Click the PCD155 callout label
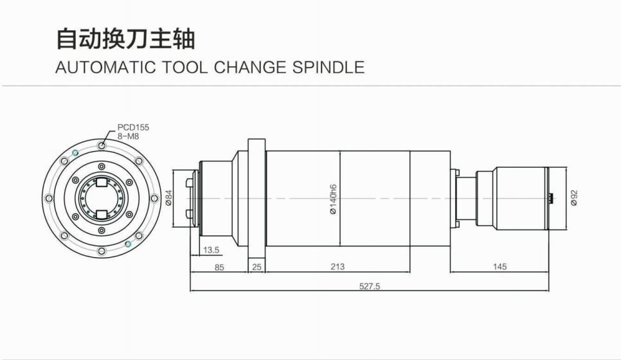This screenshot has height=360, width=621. pyautogui.click(x=133, y=127)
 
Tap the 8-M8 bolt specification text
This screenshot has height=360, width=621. pyautogui.click(x=128, y=136)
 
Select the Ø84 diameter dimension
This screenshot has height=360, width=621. pyautogui.click(x=168, y=198)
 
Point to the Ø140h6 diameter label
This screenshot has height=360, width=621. pyautogui.click(x=333, y=199)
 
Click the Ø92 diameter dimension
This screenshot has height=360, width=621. pyautogui.click(x=574, y=197)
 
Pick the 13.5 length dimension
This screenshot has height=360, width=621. pyautogui.click(x=211, y=250)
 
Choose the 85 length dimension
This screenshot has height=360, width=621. pyautogui.click(x=219, y=267)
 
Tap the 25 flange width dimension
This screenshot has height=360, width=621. pyautogui.click(x=256, y=267)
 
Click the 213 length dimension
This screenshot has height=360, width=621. pyautogui.click(x=337, y=267)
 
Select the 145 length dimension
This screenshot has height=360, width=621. pyautogui.click(x=500, y=267)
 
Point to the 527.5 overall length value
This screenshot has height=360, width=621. pyautogui.click(x=369, y=286)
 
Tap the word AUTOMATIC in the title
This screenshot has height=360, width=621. pyautogui.click(x=105, y=67)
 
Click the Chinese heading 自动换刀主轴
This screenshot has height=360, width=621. pyautogui.click(x=125, y=39)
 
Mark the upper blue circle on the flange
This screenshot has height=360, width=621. pyautogui.click(x=75, y=152)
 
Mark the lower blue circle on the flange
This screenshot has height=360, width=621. pyautogui.click(x=128, y=244)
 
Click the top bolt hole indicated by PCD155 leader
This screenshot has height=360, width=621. pyautogui.click(x=102, y=146)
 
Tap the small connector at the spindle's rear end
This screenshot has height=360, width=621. pyautogui.click(x=552, y=198)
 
